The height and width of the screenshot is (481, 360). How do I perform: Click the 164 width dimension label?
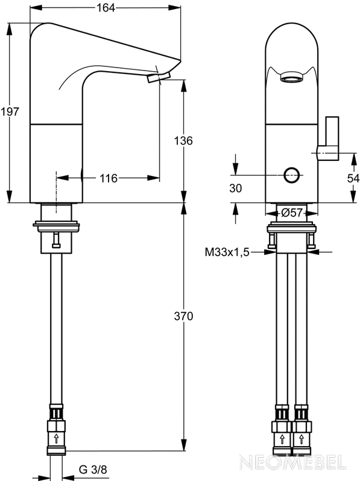106,8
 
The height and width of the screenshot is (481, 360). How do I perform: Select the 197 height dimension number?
10,112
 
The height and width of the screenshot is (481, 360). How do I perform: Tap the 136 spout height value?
183,141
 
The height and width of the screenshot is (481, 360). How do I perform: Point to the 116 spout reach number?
109,178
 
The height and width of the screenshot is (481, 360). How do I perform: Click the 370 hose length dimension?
183,316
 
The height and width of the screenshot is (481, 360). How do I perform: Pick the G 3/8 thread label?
93,470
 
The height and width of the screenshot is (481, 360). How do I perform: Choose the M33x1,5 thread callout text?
227,253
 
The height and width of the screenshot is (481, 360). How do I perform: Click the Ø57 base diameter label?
292,213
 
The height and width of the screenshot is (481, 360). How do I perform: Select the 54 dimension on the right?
353,178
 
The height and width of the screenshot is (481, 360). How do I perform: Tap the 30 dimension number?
235,188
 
